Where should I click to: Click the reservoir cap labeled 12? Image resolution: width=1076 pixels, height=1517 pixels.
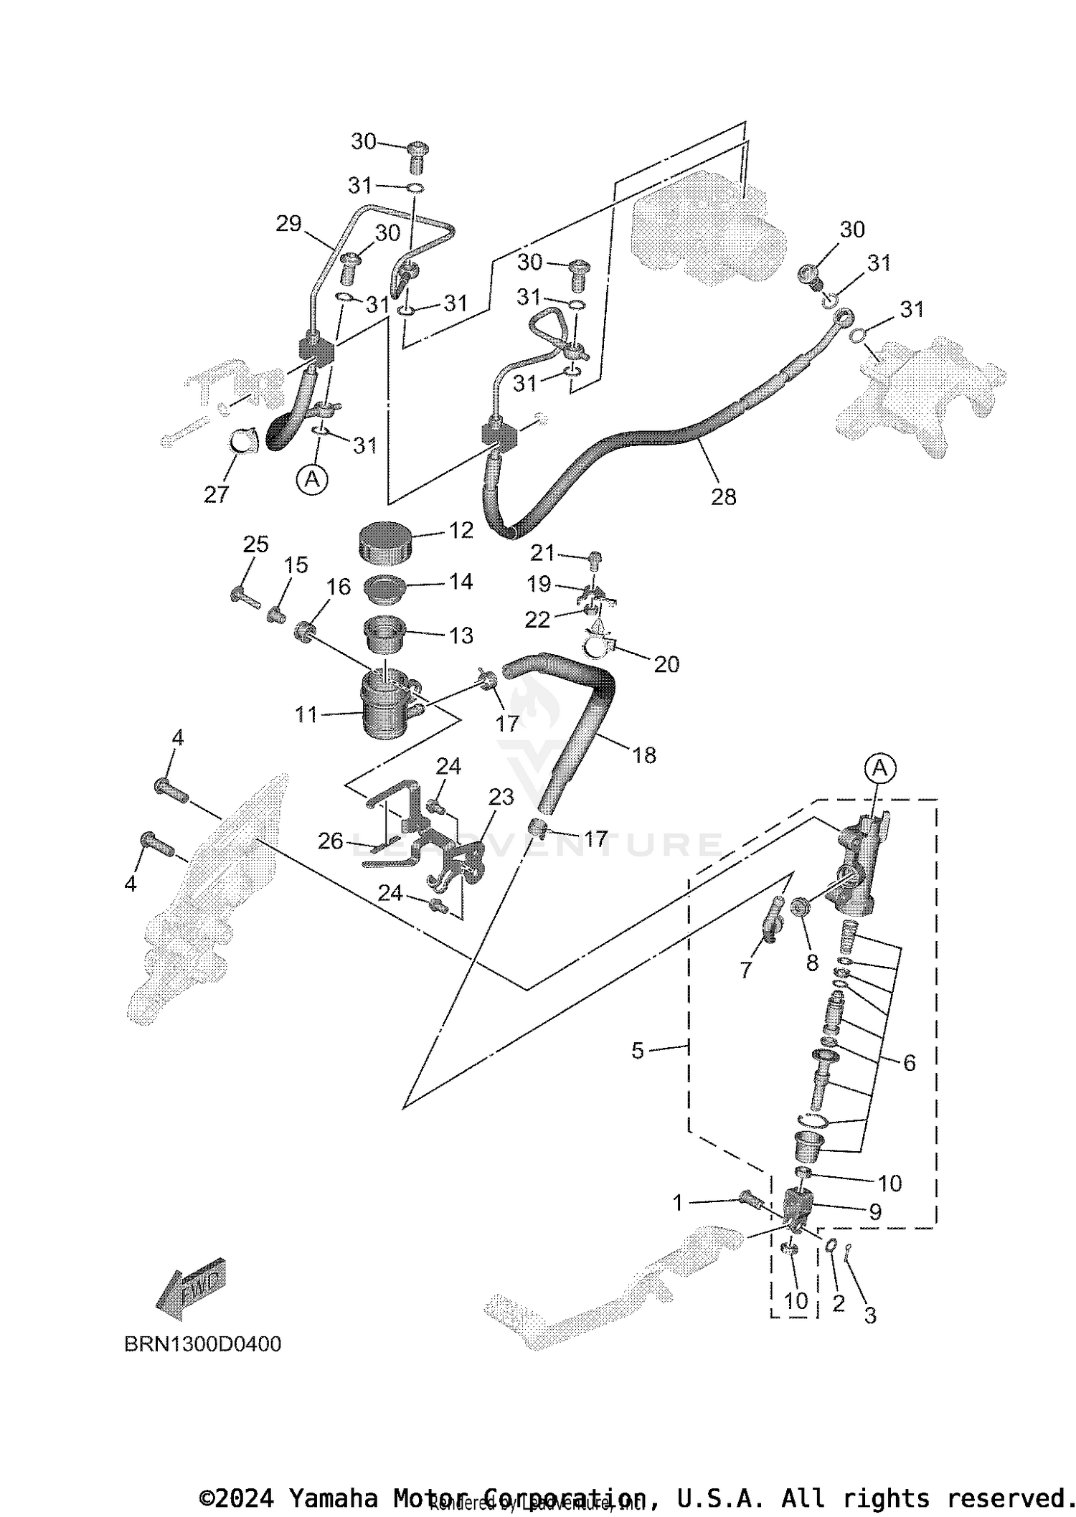click(384, 544)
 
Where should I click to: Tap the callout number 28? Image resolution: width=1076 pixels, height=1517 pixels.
click(723, 497)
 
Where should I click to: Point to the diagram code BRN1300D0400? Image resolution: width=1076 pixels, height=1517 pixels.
click(203, 1343)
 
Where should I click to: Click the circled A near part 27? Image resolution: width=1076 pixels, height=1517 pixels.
click(312, 478)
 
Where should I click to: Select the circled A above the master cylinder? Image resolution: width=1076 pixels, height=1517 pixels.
click(879, 769)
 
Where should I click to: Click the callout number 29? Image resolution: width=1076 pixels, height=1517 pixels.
click(288, 224)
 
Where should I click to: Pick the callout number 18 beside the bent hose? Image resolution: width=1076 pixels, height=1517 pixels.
click(644, 755)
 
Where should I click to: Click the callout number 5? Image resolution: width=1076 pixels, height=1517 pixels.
click(638, 1051)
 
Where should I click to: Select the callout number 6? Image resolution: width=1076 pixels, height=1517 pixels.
click(909, 1063)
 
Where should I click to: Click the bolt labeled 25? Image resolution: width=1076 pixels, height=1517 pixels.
click(245, 595)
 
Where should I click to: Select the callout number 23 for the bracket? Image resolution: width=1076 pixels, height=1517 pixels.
click(501, 797)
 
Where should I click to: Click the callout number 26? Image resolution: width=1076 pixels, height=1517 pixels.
click(331, 841)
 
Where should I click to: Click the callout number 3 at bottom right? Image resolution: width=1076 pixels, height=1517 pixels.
click(869, 1315)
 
